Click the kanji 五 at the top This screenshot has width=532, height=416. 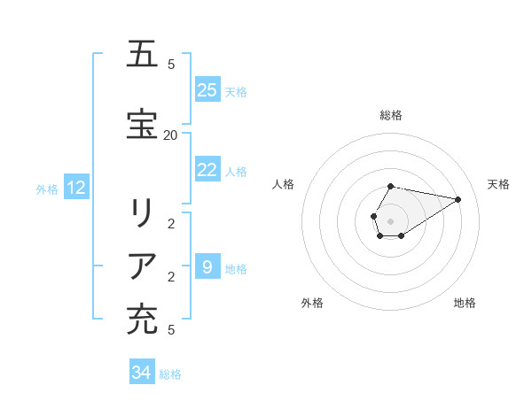143,55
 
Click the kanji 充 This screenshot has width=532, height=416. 143,320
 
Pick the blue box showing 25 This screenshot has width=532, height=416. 207,90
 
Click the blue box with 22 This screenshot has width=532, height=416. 207,170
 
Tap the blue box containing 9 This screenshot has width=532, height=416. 207,266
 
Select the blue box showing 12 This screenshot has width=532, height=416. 76,188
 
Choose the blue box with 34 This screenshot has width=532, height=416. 142,373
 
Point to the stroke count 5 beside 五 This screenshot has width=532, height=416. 171,64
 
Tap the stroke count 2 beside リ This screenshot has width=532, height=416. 171,223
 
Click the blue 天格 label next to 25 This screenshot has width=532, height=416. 236,91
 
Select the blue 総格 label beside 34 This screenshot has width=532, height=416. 170,374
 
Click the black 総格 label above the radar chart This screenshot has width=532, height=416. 391,115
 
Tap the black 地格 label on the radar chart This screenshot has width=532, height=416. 465,303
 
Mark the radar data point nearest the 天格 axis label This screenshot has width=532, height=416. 458,199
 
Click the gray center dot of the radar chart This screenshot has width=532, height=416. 391,221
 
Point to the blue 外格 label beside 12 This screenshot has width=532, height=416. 47,189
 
